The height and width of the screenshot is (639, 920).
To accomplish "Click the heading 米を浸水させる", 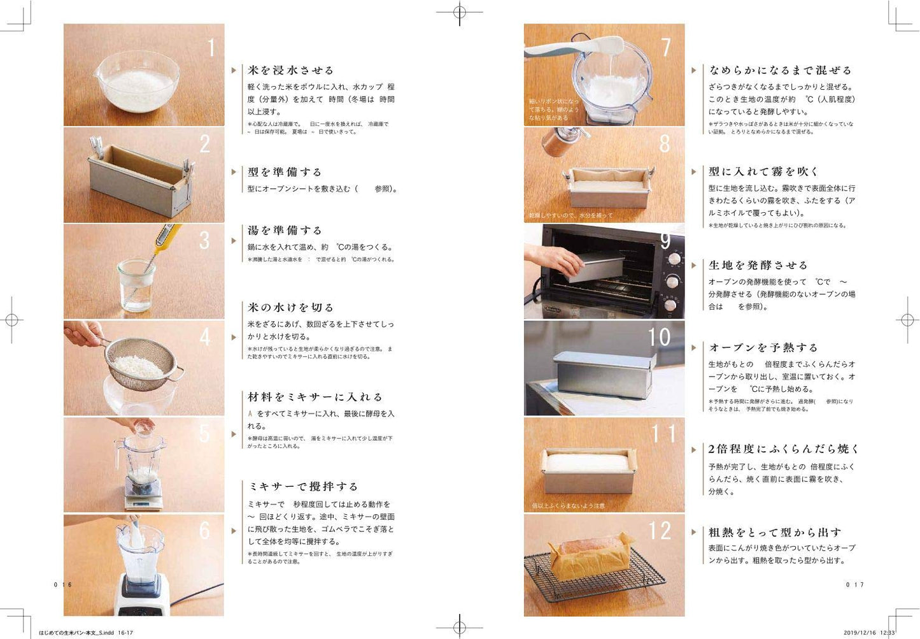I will (x=290, y=70).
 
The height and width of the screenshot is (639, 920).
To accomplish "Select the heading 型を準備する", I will (x=285, y=172).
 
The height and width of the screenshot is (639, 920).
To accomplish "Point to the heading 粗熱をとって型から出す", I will (x=775, y=532).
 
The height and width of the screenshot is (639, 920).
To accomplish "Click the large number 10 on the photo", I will (x=659, y=337).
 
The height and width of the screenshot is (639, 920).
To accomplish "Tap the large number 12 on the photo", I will (x=660, y=530).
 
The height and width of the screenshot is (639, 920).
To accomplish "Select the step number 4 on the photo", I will (x=205, y=337).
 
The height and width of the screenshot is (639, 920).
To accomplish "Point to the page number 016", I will (x=63, y=585).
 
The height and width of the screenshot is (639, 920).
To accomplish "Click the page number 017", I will (x=854, y=585).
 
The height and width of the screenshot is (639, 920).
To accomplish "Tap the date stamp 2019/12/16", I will (x=860, y=633).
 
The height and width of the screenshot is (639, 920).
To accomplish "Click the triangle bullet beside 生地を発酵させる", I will (x=694, y=265).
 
